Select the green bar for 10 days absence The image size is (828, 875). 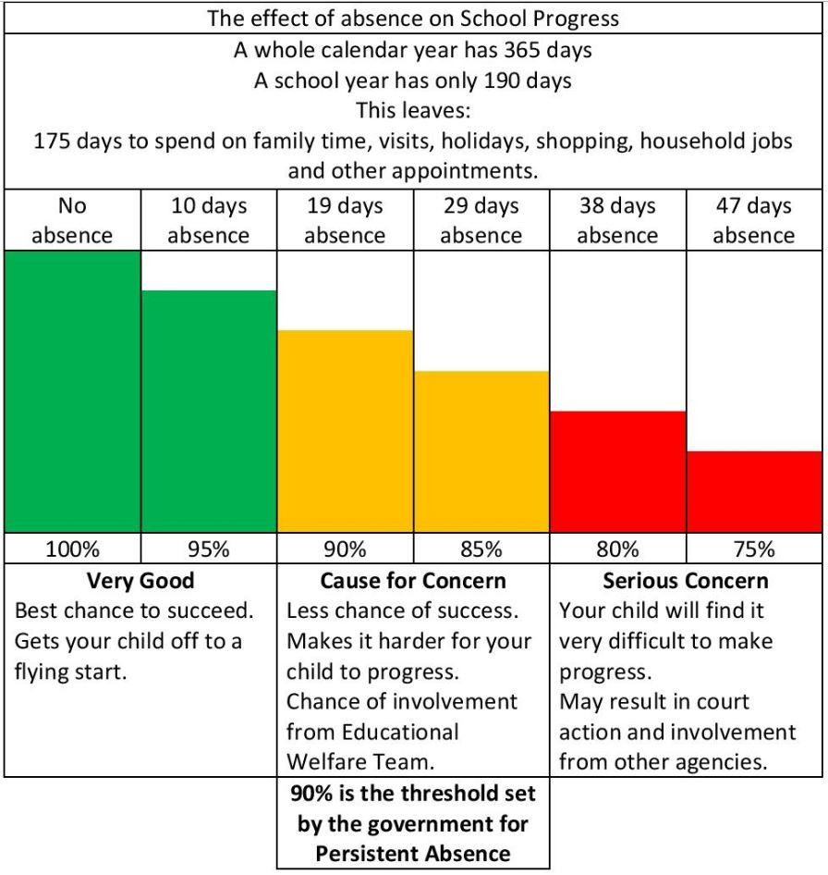pos(209,411)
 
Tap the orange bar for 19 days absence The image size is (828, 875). pos(345,431)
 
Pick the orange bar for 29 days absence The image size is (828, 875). pos(481,451)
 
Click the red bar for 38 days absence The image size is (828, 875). pos(617,471)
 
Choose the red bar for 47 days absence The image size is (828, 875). pos(755,491)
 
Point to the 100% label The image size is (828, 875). pos(72,549)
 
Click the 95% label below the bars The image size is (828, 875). pos(209,549)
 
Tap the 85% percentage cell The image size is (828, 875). pos(481,549)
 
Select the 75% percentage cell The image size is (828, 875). pos(754,549)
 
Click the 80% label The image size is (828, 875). pos(617,549)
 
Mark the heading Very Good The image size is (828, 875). pos(140,581)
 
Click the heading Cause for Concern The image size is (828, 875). pos(413,581)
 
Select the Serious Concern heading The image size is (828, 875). pos(685,581)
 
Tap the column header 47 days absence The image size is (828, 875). pos(754,220)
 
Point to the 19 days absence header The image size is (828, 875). pos(345,220)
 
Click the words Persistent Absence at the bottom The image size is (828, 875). pos(413,853)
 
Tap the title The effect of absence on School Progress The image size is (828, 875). pos(413,18)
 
